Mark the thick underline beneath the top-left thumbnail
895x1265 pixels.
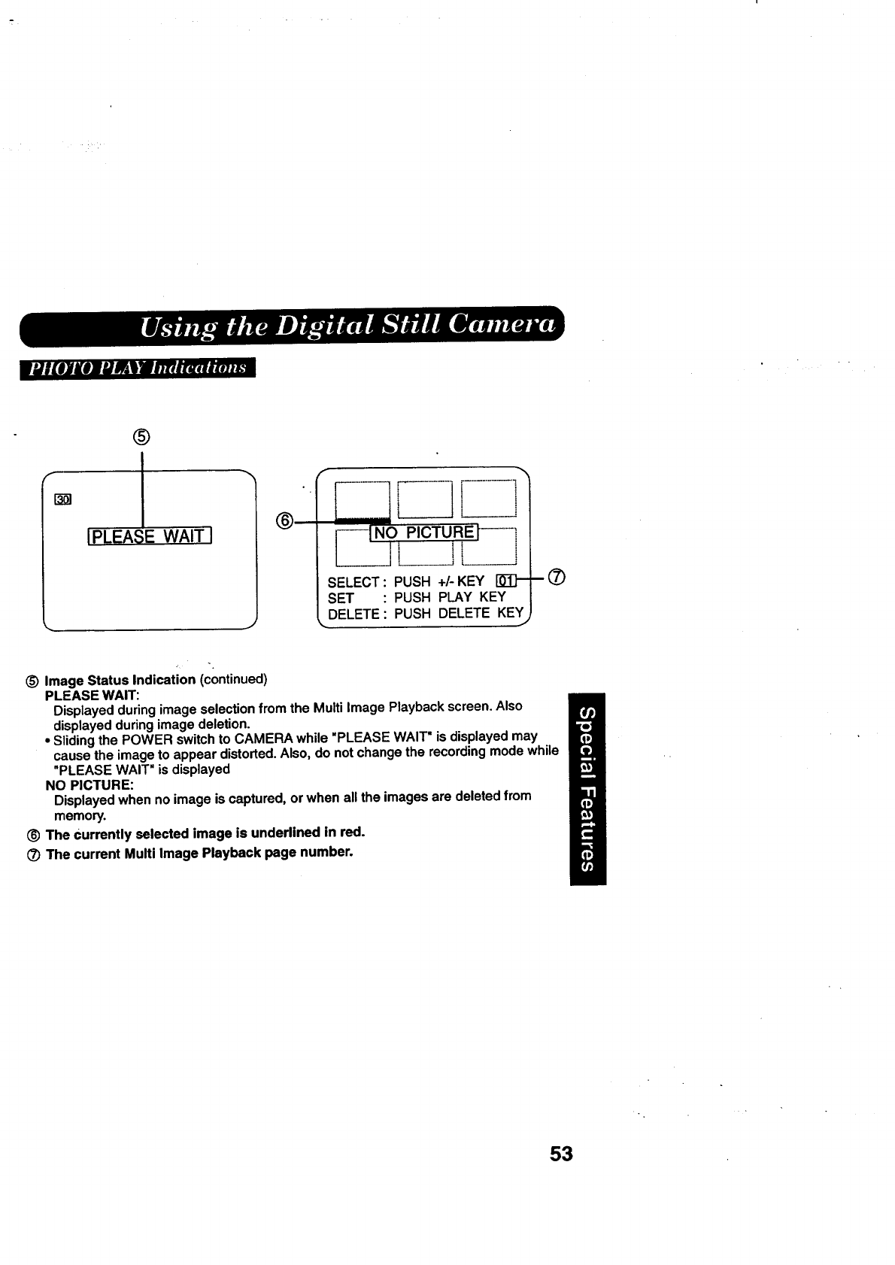point(363,520)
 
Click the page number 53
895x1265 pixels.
point(561,1154)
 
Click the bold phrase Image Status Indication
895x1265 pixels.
point(120,680)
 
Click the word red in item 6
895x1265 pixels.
point(353,832)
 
